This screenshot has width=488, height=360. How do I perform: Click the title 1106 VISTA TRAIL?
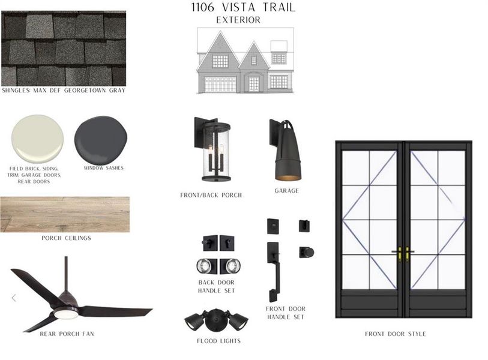coord(242,8)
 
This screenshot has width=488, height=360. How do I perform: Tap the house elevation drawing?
coord(245,62)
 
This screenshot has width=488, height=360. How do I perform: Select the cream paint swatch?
coord(37,139)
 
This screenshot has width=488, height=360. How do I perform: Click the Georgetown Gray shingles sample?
coord(63,48)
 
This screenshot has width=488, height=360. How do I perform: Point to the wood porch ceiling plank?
coord(64,214)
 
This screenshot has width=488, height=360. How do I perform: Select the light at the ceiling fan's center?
coord(65,313)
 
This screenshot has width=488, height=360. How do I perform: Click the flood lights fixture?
coord(217,320)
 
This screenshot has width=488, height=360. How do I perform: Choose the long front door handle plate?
coord(273,270)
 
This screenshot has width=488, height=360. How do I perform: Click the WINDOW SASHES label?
coord(103,168)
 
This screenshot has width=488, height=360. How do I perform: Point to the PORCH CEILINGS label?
coord(66,238)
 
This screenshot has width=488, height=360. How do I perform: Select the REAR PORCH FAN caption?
coord(67,334)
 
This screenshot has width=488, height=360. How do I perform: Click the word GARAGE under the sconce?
coord(286,191)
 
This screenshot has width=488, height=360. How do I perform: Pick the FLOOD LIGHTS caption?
coord(218,341)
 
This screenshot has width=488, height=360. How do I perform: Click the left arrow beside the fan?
coord(14,298)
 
